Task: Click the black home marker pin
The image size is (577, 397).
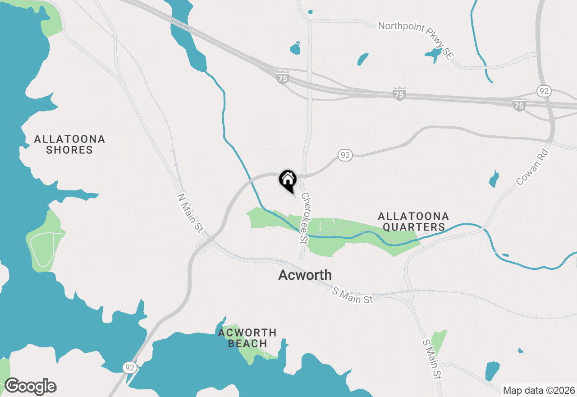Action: point(288,180)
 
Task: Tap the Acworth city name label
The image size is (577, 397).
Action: point(305,275)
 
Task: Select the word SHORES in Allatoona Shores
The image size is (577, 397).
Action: point(69,150)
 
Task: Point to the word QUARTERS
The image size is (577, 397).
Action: point(414,227)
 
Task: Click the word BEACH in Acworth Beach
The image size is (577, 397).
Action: point(247,343)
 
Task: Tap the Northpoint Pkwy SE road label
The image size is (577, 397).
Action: point(415,39)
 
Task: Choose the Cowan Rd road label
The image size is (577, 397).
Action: point(534,166)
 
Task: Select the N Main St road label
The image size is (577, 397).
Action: point(190,213)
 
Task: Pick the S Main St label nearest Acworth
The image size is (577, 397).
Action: point(353,296)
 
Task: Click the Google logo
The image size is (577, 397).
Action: point(30,386)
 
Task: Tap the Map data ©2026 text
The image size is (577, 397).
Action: point(539,390)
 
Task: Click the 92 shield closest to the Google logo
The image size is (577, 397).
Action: point(130,368)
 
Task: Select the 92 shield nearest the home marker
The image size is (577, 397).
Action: point(345,156)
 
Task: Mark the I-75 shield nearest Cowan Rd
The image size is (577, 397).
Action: point(519,105)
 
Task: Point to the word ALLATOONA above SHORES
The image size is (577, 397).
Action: point(69,139)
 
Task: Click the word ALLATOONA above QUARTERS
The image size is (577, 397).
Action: point(414,217)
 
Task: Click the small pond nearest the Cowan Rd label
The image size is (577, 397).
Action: point(495,179)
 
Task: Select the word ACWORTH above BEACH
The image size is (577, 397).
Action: point(247,333)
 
